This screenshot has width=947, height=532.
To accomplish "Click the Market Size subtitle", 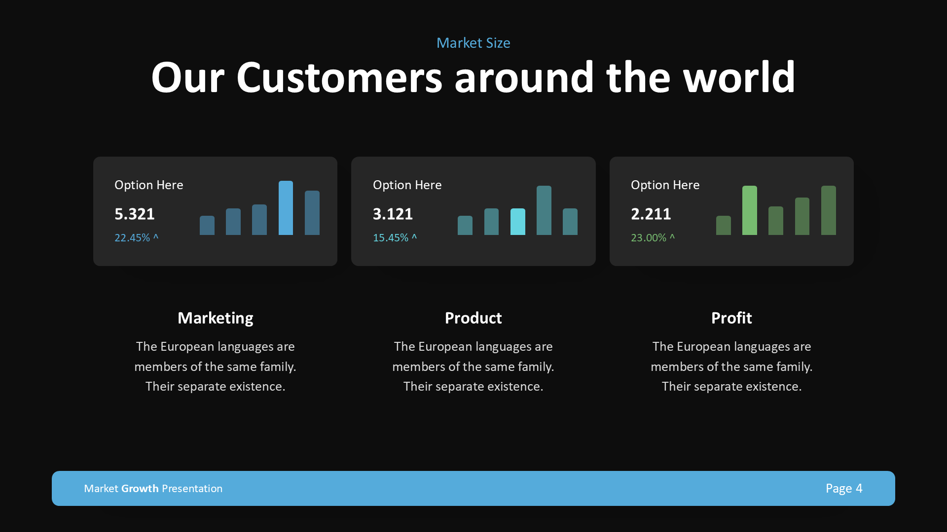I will pos(473,43).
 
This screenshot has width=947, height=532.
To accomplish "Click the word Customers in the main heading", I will pos(339,78).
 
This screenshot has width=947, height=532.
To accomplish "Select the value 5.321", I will pos(134,214).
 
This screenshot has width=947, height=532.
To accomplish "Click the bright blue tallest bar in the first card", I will pos(286,208).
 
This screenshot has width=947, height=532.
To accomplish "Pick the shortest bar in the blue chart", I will pos(207,226).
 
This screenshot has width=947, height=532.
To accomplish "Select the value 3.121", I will pos(393,214).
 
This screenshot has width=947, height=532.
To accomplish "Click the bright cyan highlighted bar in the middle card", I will pos(517,222).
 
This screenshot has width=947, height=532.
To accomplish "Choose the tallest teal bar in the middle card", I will pos(544,210).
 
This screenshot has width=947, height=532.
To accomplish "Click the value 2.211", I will pos(651,214).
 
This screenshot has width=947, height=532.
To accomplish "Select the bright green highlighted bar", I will pos(749,210).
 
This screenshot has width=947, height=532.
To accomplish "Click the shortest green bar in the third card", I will pos(723,226).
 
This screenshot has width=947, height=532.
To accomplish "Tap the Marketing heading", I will pos(215,318).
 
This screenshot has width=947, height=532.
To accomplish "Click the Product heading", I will pos(473,318).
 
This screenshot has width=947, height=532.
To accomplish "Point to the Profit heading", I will pos(731,318).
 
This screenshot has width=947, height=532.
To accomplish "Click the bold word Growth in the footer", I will pos(140,488).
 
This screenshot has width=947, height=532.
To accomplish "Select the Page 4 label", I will pos(844,488).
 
